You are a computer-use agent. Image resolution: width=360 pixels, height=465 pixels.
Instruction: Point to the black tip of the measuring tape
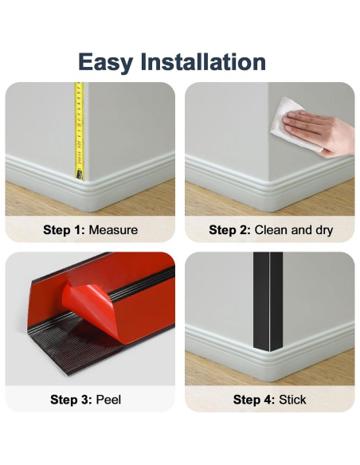(x=80, y=173)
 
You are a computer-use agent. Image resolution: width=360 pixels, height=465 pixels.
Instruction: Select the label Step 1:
(x=64, y=230)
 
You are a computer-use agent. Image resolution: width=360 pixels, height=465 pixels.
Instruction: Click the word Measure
(x=113, y=230)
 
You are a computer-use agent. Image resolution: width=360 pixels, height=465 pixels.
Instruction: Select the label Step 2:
(x=229, y=230)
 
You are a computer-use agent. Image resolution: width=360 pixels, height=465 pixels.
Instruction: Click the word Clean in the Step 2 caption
(x=270, y=230)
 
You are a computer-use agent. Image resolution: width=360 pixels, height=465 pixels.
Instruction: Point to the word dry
(x=322, y=230)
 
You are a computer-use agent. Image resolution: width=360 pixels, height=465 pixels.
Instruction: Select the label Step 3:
(x=72, y=399)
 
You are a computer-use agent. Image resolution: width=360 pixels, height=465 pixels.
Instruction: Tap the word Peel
(x=108, y=399)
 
